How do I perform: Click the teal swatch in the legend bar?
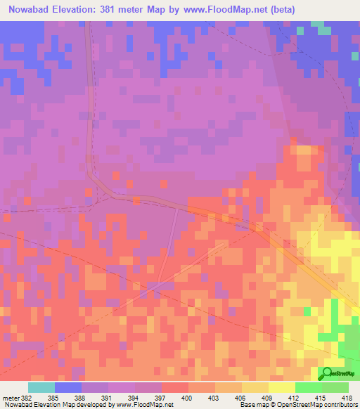point(41,387)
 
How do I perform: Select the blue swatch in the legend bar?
point(68,387)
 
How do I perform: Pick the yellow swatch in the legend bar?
point(282,387)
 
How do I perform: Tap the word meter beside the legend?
point(10,398)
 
